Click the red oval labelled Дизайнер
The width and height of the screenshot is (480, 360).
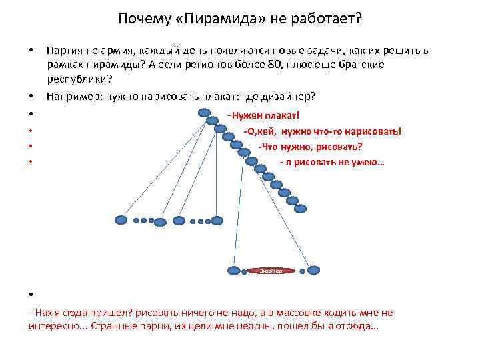[271, 271]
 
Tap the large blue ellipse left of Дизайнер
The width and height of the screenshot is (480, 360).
[234, 271]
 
